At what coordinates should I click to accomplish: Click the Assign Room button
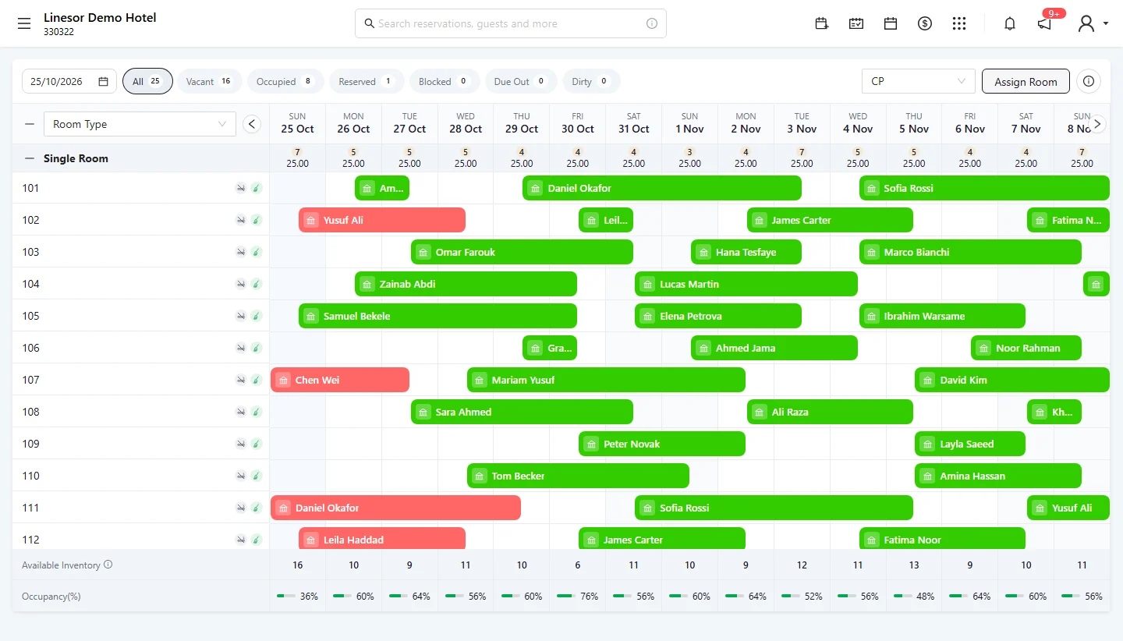1026,81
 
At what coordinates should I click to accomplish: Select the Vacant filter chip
208,81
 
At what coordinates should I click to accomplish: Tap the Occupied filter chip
285,81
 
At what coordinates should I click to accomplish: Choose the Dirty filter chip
591,81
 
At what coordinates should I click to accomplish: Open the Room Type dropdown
140,124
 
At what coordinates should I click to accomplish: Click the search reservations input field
510,23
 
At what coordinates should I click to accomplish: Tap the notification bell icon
1010,23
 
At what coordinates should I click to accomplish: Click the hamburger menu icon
24,23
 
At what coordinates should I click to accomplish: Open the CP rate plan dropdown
918,81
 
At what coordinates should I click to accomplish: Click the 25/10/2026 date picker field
69,81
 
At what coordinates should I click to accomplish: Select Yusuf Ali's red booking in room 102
382,220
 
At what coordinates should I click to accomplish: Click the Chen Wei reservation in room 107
340,380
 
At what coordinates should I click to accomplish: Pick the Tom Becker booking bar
578,476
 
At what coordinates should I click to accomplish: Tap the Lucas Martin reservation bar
746,284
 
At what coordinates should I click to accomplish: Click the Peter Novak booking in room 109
662,444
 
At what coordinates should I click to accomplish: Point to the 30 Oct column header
578,123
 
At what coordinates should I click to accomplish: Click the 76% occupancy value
589,597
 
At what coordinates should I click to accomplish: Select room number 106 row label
30,348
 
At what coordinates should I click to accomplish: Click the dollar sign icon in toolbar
924,23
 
